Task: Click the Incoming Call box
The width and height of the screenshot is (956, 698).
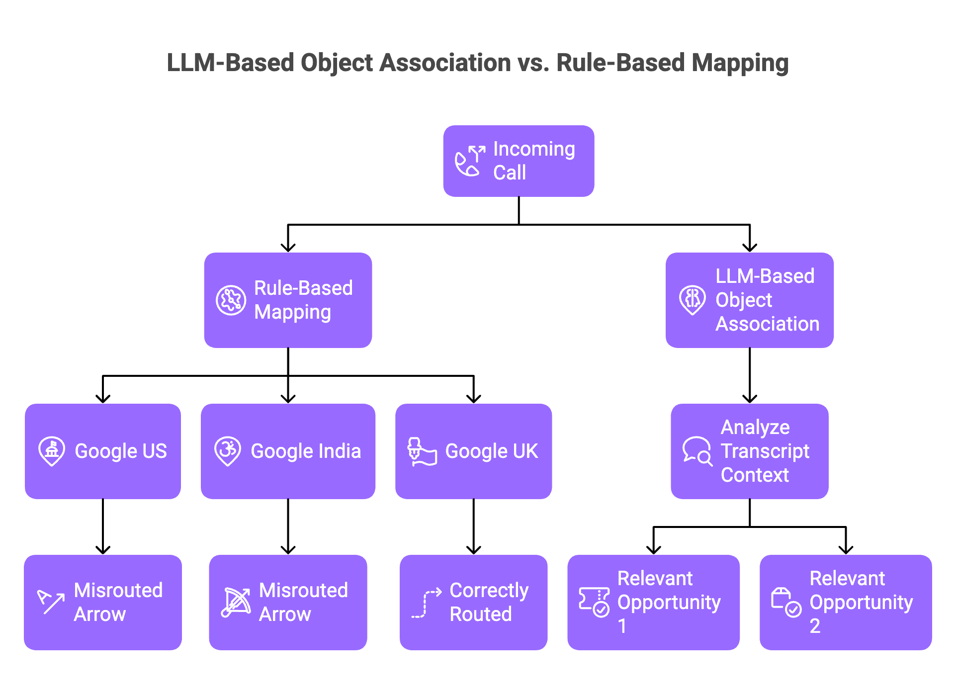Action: (519, 161)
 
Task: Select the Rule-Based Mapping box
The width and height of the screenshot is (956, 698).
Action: (288, 300)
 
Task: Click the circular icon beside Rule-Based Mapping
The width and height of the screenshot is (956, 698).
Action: (231, 300)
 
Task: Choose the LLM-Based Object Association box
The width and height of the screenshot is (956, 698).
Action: (749, 300)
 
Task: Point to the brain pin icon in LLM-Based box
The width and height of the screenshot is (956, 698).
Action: (692, 300)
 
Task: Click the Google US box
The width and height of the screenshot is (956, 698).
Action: (103, 451)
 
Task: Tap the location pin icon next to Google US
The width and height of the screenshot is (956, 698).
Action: (52, 451)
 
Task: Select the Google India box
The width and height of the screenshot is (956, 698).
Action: (288, 451)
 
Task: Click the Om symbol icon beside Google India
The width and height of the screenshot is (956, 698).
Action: (228, 451)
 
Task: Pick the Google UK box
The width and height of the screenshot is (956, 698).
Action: (473, 451)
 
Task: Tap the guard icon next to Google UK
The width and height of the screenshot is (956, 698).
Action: (422, 451)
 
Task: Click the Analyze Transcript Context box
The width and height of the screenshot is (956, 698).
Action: (749, 451)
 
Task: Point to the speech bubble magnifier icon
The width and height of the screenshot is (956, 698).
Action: (697, 451)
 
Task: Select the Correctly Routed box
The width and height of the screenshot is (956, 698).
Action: (473, 602)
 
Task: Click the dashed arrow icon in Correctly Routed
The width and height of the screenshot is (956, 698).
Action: (426, 603)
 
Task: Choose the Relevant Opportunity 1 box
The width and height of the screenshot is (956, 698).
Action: (653, 602)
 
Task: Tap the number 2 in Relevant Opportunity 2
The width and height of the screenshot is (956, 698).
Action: (815, 626)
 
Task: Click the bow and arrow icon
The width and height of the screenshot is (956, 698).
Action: (236, 602)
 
